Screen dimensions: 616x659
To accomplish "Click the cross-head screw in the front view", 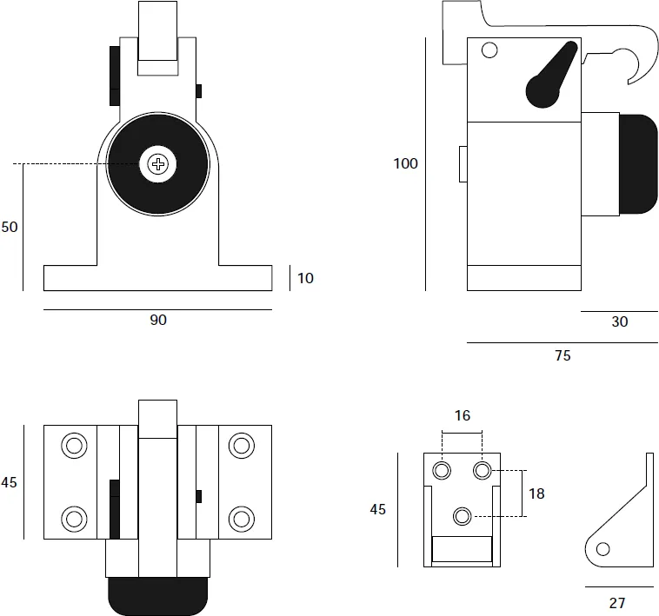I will (x=157, y=163).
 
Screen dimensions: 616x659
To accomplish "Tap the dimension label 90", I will (x=157, y=321).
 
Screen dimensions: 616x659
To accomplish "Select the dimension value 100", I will (x=405, y=163).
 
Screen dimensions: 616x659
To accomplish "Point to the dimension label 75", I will (x=562, y=354).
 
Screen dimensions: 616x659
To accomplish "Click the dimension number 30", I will (x=619, y=321).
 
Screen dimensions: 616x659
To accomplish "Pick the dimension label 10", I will (x=305, y=278).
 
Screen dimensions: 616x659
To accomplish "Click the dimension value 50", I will (x=10, y=227).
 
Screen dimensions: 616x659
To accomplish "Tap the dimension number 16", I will (x=462, y=416).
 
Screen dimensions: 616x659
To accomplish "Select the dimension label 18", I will (x=536, y=493).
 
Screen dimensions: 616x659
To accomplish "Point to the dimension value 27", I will (x=617, y=601).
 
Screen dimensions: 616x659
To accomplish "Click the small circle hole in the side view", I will (x=489, y=50).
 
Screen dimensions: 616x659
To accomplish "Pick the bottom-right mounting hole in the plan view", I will (x=241, y=519).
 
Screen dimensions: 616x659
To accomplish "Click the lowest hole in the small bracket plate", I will (x=463, y=516).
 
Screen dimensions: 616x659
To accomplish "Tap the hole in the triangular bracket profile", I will (x=602, y=547).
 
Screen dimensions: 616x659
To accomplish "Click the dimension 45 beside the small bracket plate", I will (x=377, y=510).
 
